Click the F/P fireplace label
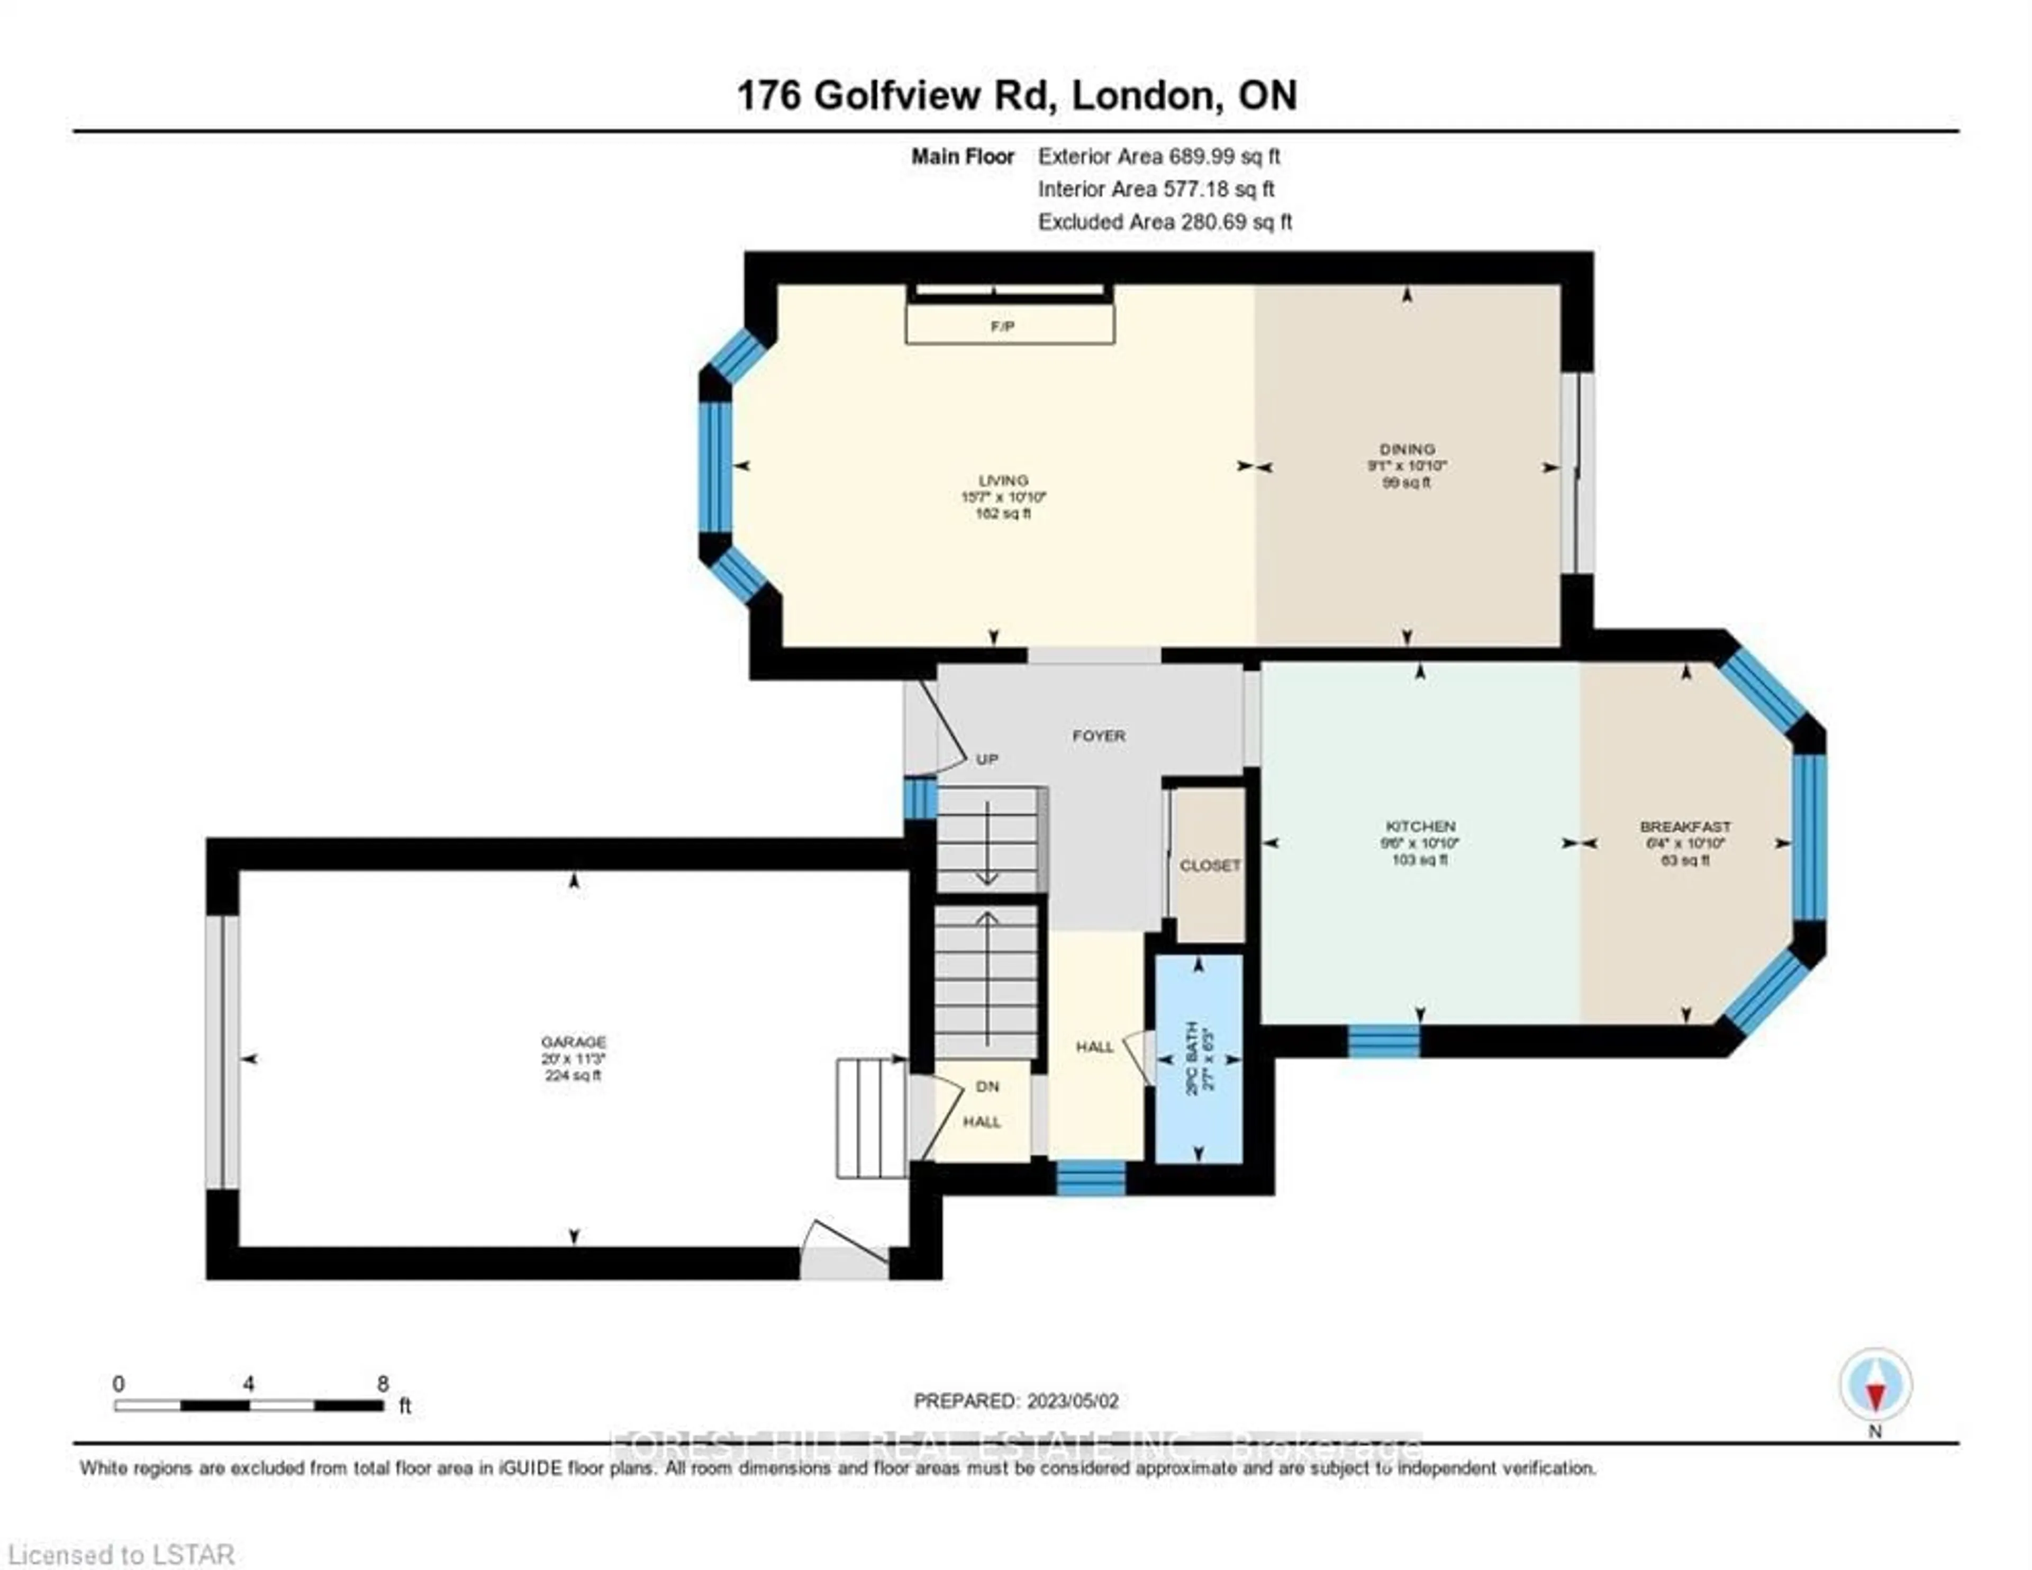1002,326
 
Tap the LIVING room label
1003,480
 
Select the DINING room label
1407,449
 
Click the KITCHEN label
1420,825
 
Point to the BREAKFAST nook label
1685,825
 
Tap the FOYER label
1099,735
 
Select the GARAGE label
574,1041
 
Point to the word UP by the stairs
987,759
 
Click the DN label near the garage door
987,1086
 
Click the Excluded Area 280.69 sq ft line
1164,222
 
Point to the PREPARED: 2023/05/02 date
1016,1401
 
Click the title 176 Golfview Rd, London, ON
1016,96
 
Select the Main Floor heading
962,156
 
